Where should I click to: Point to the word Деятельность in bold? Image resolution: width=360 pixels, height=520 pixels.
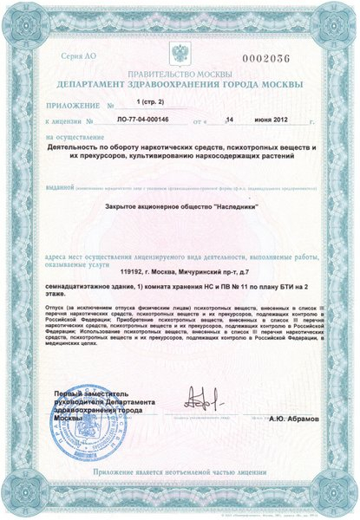tap(78, 148)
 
